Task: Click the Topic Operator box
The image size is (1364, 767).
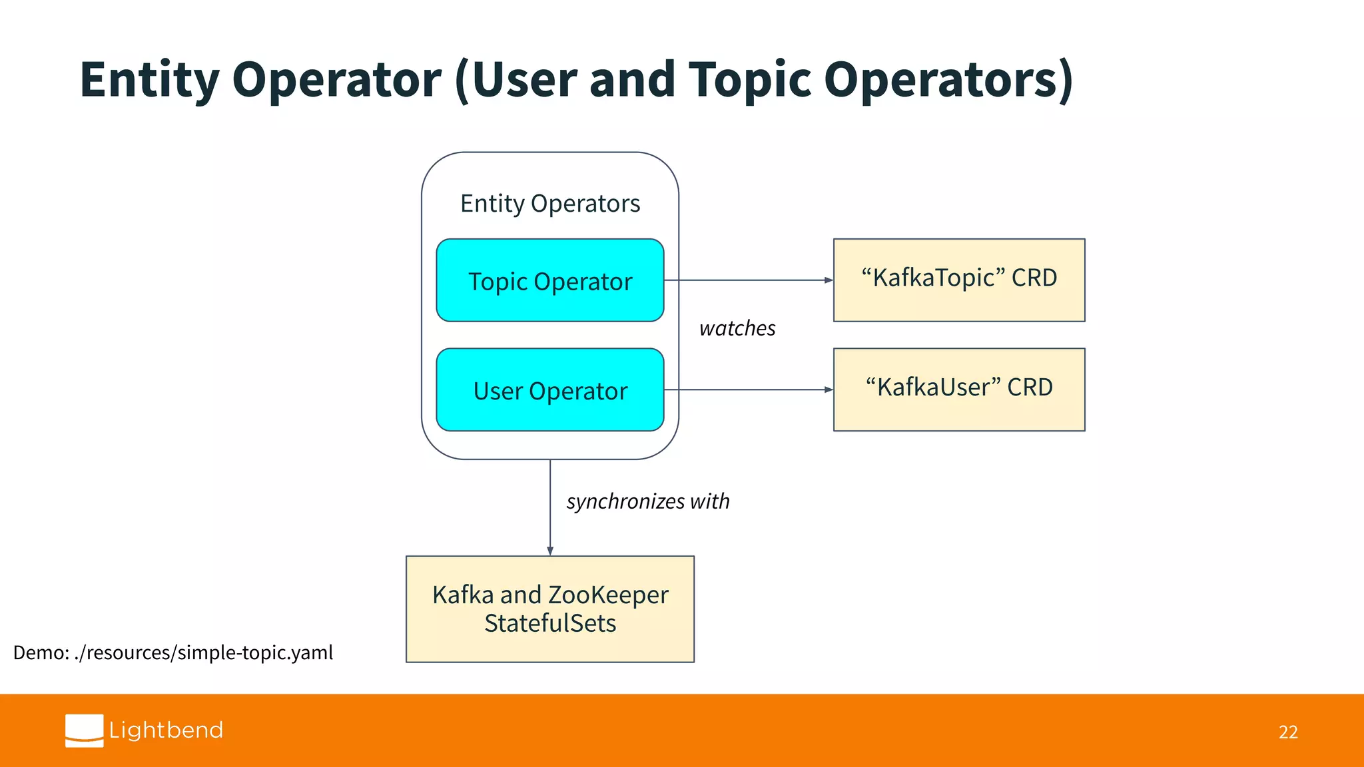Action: click(549, 280)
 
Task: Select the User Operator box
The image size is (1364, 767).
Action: click(549, 390)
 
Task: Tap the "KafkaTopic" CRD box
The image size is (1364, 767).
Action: click(959, 280)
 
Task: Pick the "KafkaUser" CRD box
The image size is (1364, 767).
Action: click(959, 389)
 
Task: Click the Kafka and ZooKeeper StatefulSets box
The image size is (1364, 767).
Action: click(549, 609)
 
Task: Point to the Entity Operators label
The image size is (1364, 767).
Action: click(550, 204)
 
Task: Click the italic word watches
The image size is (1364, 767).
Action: click(737, 328)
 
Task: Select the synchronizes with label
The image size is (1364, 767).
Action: click(647, 501)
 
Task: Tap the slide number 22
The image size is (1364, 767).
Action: click(1288, 732)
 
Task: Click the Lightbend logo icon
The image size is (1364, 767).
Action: click(85, 730)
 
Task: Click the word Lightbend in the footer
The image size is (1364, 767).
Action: click(166, 730)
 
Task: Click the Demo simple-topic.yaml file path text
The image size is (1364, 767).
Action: click(173, 652)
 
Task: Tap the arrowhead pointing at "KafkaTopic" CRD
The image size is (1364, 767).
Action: click(829, 280)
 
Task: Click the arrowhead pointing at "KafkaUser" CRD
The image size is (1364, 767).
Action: click(829, 390)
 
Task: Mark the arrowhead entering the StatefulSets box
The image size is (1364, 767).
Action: click(550, 551)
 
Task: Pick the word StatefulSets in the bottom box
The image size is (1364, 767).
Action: click(550, 624)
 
